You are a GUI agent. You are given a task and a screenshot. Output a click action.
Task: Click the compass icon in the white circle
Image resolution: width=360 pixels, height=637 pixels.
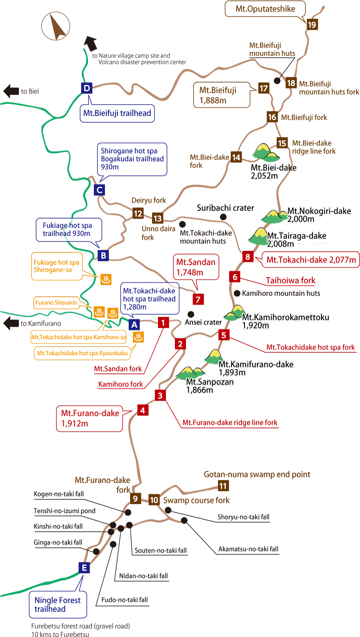(x=56, y=26)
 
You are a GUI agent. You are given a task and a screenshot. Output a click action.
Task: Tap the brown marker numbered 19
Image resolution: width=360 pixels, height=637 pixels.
(x=312, y=25)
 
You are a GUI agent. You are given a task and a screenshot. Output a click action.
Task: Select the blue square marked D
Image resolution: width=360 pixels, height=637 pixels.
(x=86, y=88)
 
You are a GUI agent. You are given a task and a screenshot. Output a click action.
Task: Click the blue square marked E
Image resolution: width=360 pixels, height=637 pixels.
(x=84, y=567)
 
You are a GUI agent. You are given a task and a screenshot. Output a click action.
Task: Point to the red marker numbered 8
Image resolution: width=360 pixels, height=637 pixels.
(x=248, y=257)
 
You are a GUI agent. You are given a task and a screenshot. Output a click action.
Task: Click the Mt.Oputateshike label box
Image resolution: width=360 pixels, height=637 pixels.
(x=265, y=9)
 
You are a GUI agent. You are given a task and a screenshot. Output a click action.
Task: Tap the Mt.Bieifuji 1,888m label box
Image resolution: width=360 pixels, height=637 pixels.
(x=221, y=95)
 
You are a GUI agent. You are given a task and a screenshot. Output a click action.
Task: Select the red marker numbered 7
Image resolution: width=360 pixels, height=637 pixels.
(x=198, y=299)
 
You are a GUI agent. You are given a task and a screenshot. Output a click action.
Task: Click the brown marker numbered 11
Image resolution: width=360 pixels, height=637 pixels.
(x=223, y=486)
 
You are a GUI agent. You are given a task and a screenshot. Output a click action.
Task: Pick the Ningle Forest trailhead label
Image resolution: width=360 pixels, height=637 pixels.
(x=58, y=604)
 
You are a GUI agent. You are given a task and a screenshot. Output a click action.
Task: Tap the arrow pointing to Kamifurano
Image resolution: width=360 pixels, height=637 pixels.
(x=11, y=323)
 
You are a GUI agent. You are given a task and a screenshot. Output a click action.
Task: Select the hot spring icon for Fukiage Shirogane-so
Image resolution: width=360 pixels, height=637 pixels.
(x=106, y=279)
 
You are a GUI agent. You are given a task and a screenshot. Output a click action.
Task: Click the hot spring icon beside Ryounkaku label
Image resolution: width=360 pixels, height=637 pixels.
(x=138, y=337)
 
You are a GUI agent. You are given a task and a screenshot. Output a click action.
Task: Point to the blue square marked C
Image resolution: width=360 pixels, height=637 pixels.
(x=100, y=190)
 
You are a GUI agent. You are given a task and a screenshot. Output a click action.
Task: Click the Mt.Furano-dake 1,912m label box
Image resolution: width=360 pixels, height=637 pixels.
(x=90, y=418)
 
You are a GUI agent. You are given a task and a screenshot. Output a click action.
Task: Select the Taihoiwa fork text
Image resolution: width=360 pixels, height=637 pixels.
(x=290, y=280)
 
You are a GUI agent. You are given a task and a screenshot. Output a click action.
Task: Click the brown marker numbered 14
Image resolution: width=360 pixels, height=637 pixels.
(x=236, y=157)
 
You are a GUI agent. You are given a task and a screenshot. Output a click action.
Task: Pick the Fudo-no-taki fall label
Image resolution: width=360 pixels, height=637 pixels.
(x=124, y=600)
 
